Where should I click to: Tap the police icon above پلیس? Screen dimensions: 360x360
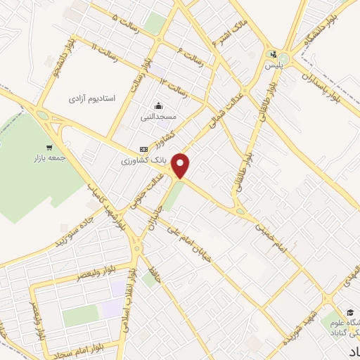274,54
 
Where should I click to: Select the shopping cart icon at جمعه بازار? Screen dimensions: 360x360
49,147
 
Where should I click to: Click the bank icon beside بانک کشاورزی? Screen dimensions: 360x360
143,150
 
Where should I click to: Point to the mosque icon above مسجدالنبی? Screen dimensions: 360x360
158,106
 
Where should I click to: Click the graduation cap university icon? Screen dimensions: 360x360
349,312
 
